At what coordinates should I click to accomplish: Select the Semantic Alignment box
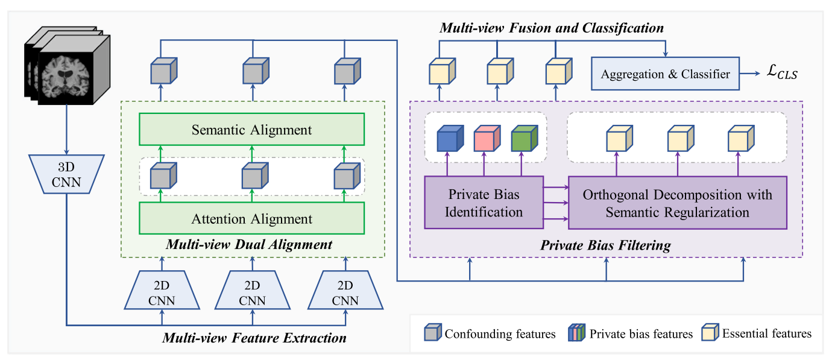point(252,130)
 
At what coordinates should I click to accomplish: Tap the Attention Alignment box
point(252,219)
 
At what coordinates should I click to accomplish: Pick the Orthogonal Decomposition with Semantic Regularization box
point(678,203)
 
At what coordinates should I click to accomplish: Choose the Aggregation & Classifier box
point(665,74)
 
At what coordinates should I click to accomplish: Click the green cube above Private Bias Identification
point(522,139)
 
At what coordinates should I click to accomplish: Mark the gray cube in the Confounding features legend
point(433,333)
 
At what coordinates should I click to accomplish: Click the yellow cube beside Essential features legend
point(710,333)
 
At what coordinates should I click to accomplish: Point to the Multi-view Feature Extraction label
point(254,337)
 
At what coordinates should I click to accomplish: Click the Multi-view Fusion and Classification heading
point(552,28)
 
